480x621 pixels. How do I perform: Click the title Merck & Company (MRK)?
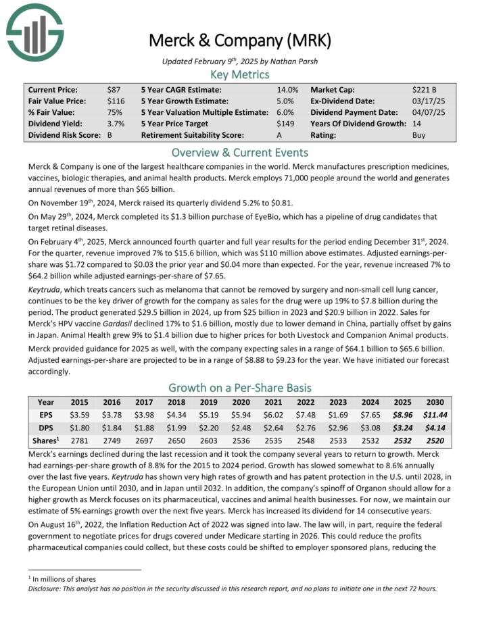tap(240, 41)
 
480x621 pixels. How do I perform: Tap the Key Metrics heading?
tap(240, 74)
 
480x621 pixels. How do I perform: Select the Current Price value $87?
tap(114, 89)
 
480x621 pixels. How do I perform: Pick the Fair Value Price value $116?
tap(116, 101)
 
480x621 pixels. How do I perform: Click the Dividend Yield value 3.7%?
tap(116, 124)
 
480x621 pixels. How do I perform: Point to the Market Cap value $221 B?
tap(425, 89)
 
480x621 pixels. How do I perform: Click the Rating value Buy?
tap(419, 135)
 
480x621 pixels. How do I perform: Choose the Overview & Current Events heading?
tap(240, 152)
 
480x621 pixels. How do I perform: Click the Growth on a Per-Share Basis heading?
tap(240, 388)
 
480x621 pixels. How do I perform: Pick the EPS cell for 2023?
tap(337, 415)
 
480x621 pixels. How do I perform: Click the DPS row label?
tap(46, 428)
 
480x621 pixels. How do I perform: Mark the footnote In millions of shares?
tap(65, 579)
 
